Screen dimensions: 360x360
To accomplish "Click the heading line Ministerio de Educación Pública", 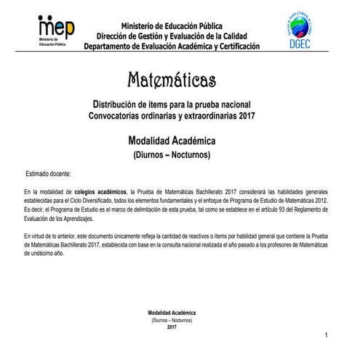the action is (x=172, y=25).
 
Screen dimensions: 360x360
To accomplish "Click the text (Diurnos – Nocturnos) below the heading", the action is (x=172, y=155).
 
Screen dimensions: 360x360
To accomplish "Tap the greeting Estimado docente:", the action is (x=48, y=175).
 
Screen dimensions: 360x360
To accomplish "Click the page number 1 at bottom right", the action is (x=328, y=334).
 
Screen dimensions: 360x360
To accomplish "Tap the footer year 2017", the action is (x=172, y=327).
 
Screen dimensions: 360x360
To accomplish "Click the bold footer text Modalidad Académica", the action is (x=172, y=313).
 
